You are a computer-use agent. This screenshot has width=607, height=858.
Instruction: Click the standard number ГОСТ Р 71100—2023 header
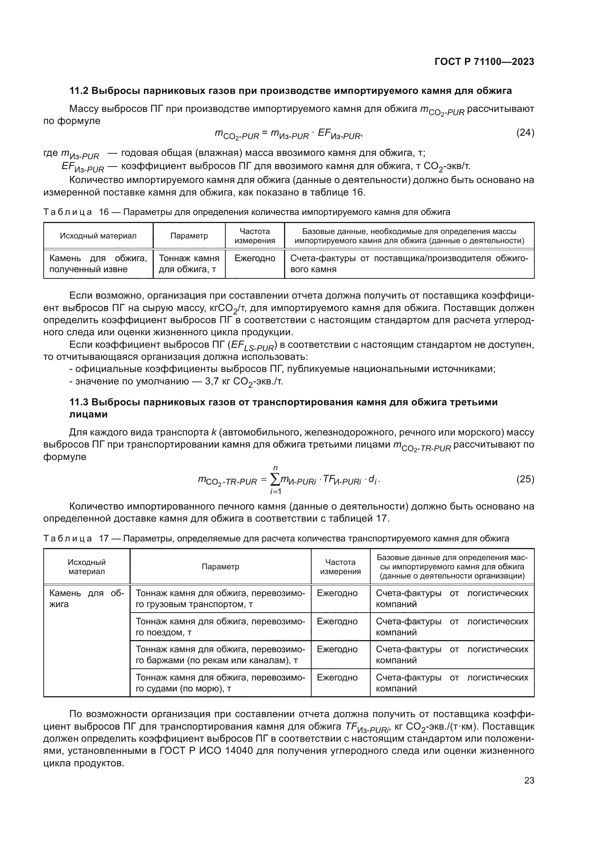pyautogui.click(x=484, y=62)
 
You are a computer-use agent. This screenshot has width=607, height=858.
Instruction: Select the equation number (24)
pyautogui.click(x=525, y=133)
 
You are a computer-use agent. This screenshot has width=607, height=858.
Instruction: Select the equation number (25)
pyautogui.click(x=525, y=479)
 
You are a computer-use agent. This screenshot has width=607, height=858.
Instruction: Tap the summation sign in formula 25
pyautogui.click(x=275, y=479)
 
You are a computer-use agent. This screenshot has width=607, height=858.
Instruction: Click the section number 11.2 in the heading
pyautogui.click(x=79, y=91)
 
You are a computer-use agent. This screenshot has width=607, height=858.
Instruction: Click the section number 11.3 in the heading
pyautogui.click(x=79, y=402)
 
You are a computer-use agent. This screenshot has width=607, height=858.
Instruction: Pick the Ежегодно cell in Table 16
pyautogui.click(x=255, y=258)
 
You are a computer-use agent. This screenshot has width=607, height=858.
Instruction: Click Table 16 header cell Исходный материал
pyautogui.click(x=98, y=236)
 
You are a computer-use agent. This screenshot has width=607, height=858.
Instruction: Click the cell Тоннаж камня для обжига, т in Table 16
pyautogui.click(x=189, y=263)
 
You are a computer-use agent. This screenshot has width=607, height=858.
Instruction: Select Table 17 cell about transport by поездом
pyautogui.click(x=220, y=627)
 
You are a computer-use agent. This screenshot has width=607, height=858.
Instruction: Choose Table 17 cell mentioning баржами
pyautogui.click(x=220, y=655)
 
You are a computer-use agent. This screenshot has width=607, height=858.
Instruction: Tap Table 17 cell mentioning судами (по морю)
pyautogui.click(x=220, y=683)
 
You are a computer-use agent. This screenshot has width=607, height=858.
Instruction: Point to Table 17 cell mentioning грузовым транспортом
pyautogui.click(x=220, y=599)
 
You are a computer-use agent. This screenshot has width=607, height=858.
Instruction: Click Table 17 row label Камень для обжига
pyautogui.click(x=86, y=599)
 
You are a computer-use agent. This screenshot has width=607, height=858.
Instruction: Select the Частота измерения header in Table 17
pyautogui.click(x=340, y=566)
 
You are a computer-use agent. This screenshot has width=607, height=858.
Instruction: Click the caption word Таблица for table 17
pyautogui.click(x=68, y=538)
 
